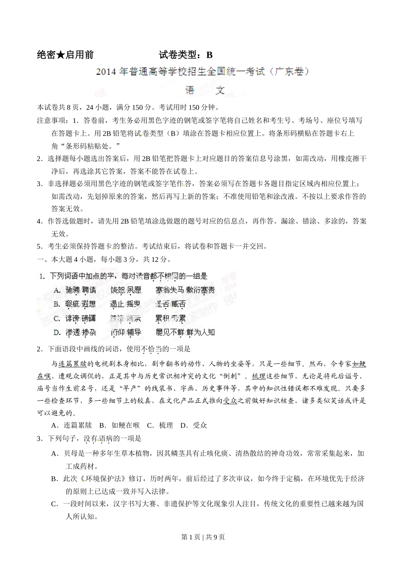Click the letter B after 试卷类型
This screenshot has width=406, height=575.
(209, 55)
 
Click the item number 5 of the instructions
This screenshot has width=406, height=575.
(39, 246)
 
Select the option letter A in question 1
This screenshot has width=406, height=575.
(56, 290)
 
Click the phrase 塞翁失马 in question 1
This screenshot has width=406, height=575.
(170, 290)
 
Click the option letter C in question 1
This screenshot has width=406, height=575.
(56, 318)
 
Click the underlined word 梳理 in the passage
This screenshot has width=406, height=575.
(259, 376)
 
